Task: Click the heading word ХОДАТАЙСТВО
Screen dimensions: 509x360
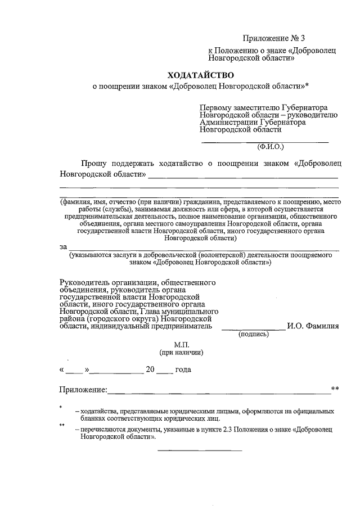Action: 200,75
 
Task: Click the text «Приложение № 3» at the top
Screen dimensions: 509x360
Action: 273,38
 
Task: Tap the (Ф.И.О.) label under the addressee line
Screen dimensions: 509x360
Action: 271,147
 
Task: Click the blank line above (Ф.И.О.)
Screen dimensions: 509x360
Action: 265,142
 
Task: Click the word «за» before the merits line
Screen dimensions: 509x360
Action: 63,246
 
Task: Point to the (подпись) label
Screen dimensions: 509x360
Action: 254,334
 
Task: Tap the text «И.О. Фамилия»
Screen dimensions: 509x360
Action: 313,326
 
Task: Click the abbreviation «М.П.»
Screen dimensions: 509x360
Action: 183,344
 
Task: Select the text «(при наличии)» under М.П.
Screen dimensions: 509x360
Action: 181,353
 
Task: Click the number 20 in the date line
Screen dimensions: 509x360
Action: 150,370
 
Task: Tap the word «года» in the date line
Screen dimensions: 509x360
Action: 183,370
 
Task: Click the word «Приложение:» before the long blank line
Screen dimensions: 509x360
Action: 83,390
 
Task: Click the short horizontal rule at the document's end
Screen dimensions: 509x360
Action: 200,450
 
